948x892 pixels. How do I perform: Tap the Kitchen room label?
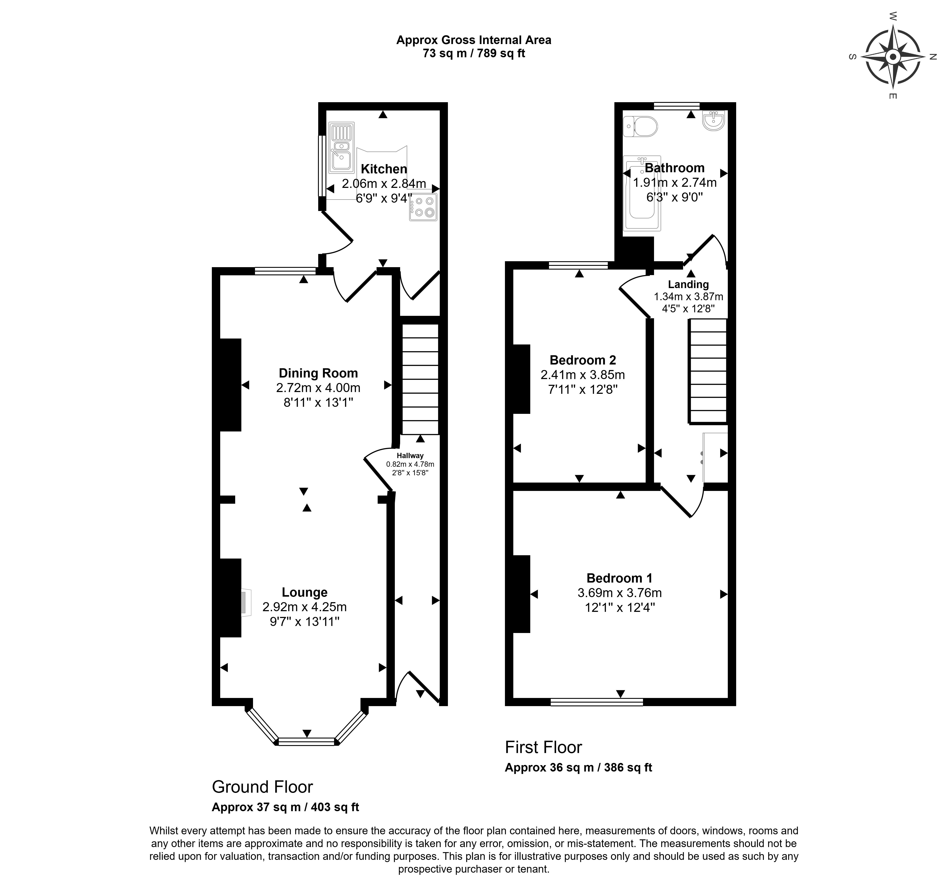[384, 169]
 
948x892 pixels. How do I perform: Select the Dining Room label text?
[318, 373]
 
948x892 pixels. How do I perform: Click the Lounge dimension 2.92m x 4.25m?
[304, 607]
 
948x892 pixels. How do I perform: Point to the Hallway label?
[410, 455]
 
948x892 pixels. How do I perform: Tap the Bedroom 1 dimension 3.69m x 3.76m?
[619, 593]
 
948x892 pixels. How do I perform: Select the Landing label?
[688, 284]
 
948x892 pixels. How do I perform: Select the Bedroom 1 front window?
[597, 702]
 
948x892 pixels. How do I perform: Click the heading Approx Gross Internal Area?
[473, 40]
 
